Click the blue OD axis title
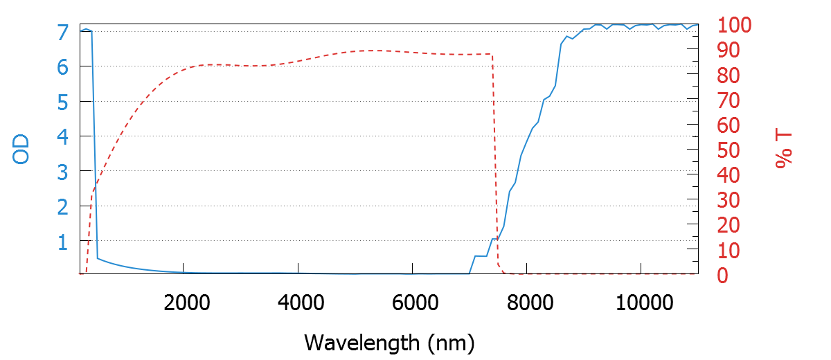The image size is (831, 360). (x=21, y=148)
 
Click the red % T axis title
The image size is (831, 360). (x=783, y=150)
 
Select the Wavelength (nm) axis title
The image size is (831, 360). (x=388, y=341)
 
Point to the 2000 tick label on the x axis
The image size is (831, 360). (x=184, y=303)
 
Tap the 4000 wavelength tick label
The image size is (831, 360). (x=298, y=303)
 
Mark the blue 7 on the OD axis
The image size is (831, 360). (x=62, y=32)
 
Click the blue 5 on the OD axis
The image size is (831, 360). (x=62, y=102)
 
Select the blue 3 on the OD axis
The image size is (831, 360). (x=62, y=171)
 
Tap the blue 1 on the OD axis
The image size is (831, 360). (x=62, y=242)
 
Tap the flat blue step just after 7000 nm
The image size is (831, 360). (x=481, y=256)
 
